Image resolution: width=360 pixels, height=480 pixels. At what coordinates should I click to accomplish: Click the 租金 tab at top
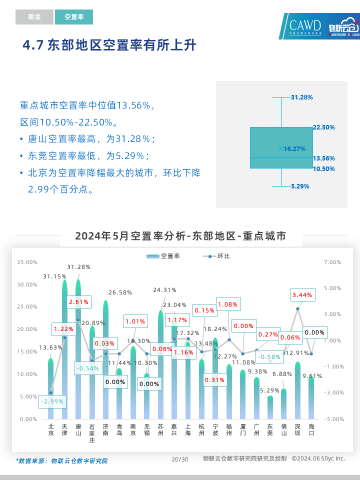[x=34, y=17]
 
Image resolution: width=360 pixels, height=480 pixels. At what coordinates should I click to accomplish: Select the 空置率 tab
[x=74, y=17]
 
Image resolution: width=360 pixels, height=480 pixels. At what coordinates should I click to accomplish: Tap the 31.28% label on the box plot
[x=301, y=97]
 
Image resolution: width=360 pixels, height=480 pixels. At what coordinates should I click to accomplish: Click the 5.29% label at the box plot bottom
[x=300, y=186]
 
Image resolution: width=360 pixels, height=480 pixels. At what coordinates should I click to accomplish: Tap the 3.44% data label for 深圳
[x=302, y=295]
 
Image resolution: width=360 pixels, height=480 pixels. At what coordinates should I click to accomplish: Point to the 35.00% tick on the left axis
[x=27, y=262]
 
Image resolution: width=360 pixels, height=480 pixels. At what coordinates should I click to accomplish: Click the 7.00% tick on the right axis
[x=332, y=262]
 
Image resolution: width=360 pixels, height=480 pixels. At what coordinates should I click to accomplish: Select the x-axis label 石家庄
[x=92, y=433]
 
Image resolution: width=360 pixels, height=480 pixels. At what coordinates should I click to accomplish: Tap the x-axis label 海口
[x=311, y=430]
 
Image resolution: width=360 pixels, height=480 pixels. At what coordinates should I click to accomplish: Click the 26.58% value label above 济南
[x=120, y=292]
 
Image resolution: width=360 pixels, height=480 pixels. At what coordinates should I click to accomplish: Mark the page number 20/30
[x=180, y=459]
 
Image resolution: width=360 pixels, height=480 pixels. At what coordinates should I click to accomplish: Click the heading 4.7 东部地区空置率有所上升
[x=109, y=46]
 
